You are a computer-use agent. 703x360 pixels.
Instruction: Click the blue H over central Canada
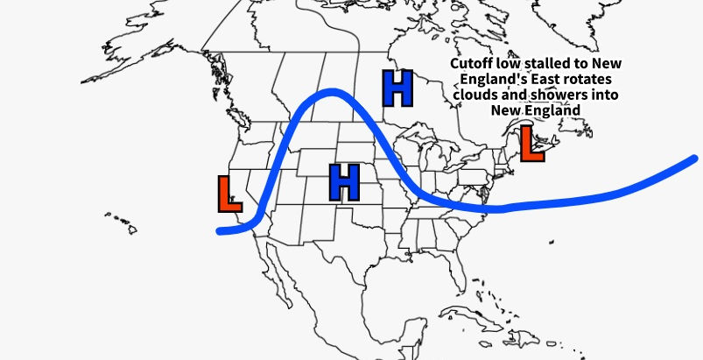coord(397,88)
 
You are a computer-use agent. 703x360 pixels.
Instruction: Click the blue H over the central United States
coord(344,181)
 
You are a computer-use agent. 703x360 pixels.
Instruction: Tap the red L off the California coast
coord(228,194)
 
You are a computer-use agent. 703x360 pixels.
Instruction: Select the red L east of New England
coord(530,144)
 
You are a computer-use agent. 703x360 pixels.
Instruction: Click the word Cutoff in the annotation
coord(474,65)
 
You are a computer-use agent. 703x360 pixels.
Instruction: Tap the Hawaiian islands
coord(123,222)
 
